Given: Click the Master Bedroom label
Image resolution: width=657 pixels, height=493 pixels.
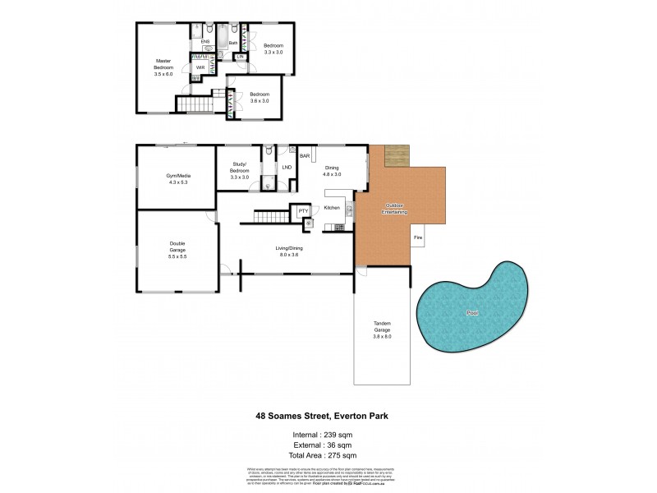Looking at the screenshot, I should click(163, 67).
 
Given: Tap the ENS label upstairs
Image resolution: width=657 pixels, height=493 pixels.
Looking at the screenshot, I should click(205, 41).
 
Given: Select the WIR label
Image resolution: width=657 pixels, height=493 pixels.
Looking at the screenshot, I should click(200, 67).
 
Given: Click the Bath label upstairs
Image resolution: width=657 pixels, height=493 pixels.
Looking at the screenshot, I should click(232, 43).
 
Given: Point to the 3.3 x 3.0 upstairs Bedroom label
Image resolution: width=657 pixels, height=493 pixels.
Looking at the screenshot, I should click(273, 48).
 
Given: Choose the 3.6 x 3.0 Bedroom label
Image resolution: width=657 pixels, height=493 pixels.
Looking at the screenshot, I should click(260, 97).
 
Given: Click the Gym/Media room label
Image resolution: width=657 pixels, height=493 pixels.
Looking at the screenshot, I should click(178, 179).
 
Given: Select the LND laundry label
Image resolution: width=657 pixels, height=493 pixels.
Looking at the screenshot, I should click(287, 168).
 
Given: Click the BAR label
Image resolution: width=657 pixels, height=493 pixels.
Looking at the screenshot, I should click(304, 155).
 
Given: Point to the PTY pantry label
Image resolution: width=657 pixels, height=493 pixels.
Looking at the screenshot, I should click(302, 211).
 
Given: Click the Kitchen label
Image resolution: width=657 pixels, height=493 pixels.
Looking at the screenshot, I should click(332, 208).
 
